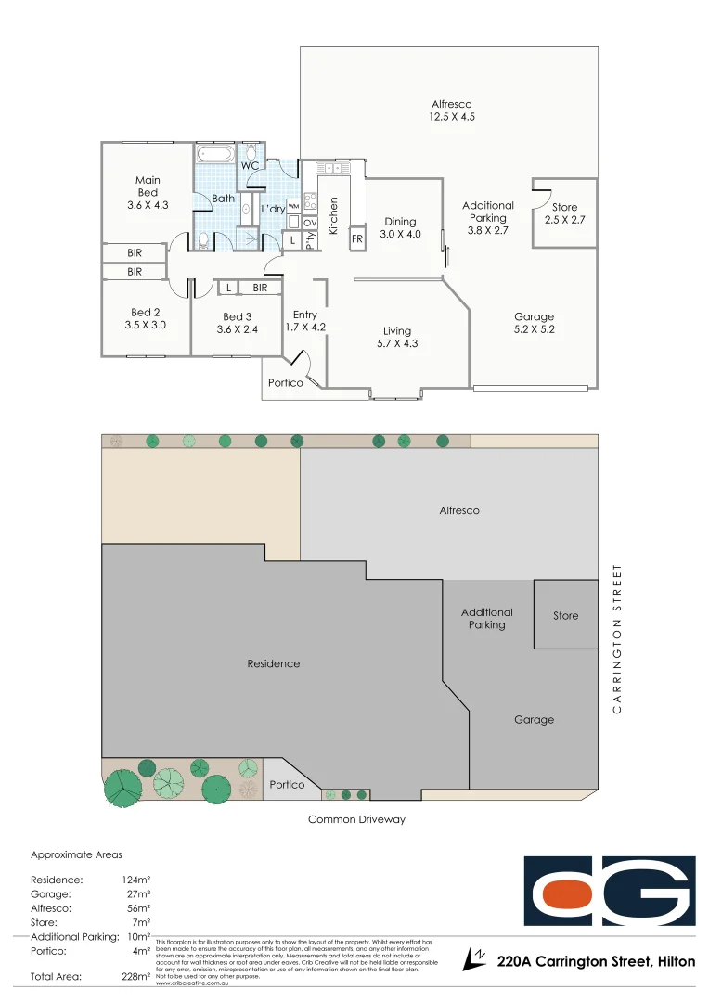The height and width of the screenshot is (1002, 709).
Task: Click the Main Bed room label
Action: coord(148,192)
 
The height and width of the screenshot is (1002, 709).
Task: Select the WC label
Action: coord(250,166)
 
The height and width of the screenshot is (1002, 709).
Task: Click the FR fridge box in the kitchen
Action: coord(356,239)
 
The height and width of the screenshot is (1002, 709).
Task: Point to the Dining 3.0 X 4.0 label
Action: coord(400,228)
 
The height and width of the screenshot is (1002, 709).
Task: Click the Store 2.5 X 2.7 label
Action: coord(564,213)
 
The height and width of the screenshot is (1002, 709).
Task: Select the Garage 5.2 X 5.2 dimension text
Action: coord(534,328)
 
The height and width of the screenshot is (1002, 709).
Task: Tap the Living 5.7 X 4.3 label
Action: coord(397,338)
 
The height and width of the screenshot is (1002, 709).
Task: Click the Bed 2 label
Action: coord(146,319)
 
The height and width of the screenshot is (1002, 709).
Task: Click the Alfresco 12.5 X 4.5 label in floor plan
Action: coord(451,110)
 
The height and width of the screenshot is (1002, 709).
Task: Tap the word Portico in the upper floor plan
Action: coord(286,382)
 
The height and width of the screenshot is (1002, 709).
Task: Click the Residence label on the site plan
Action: coord(274,663)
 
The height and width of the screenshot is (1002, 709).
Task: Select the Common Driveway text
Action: coord(356,819)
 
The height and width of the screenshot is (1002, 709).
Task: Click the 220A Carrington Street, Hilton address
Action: coord(596,962)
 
